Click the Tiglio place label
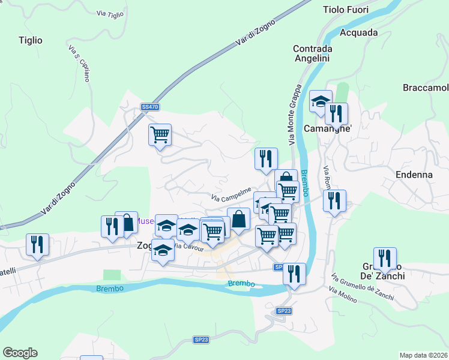[x=31, y=40]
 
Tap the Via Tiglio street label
[x=110, y=14]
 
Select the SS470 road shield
[x=149, y=107]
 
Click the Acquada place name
[x=359, y=32]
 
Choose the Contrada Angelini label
[x=313, y=53]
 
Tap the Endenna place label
[x=414, y=175]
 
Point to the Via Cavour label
[x=189, y=247]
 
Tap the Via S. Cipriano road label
[x=79, y=64]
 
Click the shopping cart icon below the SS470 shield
[x=160, y=134]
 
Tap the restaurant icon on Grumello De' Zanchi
[x=385, y=259]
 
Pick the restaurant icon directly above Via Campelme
[x=266, y=158]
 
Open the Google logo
[x=20, y=353]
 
